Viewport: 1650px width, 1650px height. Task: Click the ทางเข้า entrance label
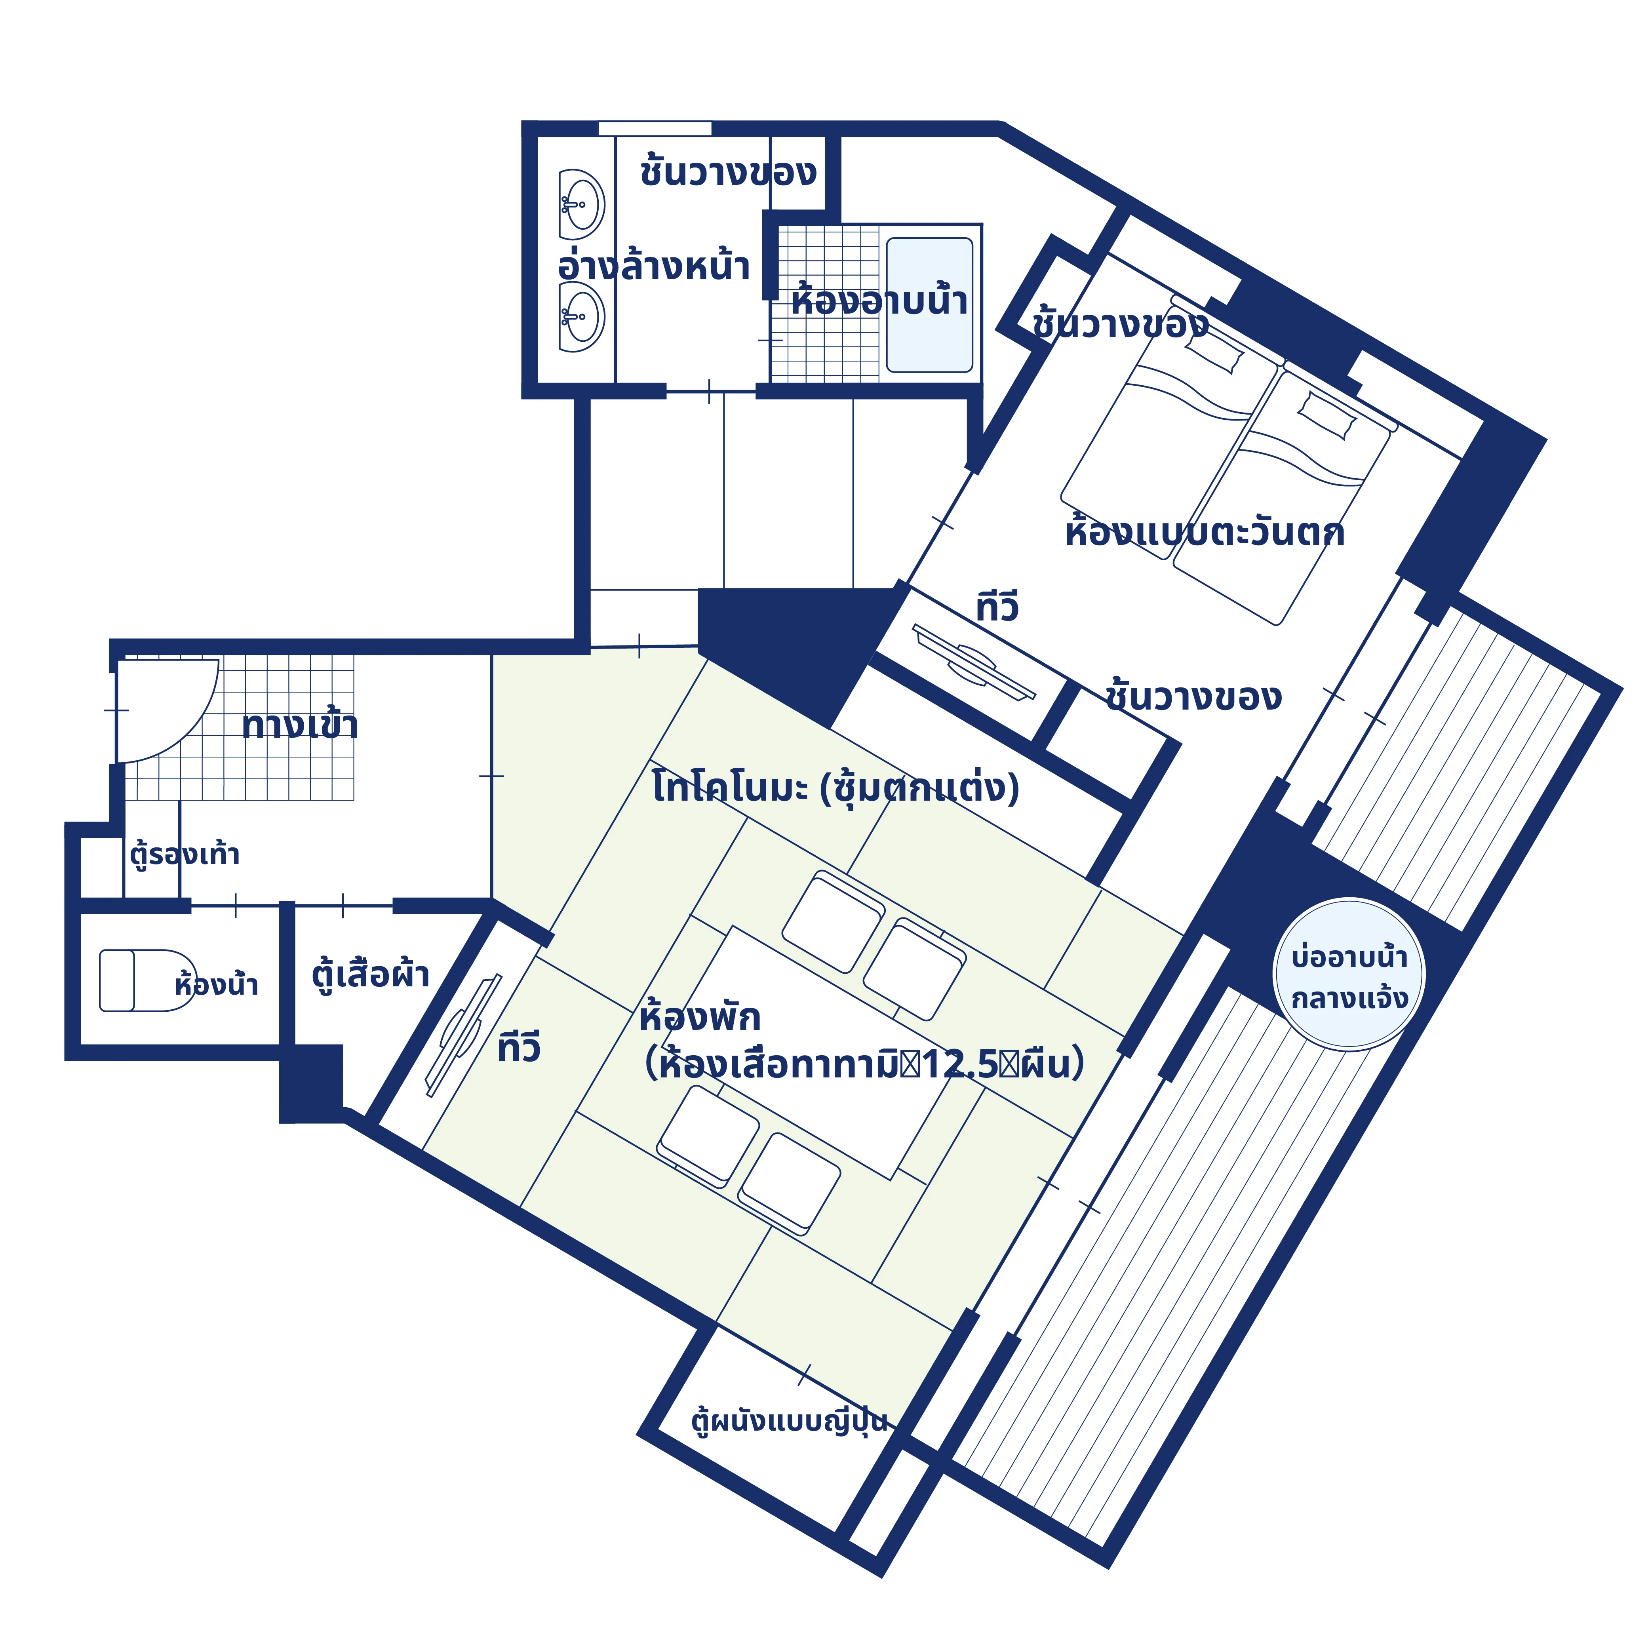point(300,725)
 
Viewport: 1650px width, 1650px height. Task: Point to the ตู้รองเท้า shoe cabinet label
point(185,854)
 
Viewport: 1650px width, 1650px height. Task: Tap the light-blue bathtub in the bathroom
point(929,305)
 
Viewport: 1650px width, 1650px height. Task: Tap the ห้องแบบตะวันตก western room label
point(1204,532)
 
